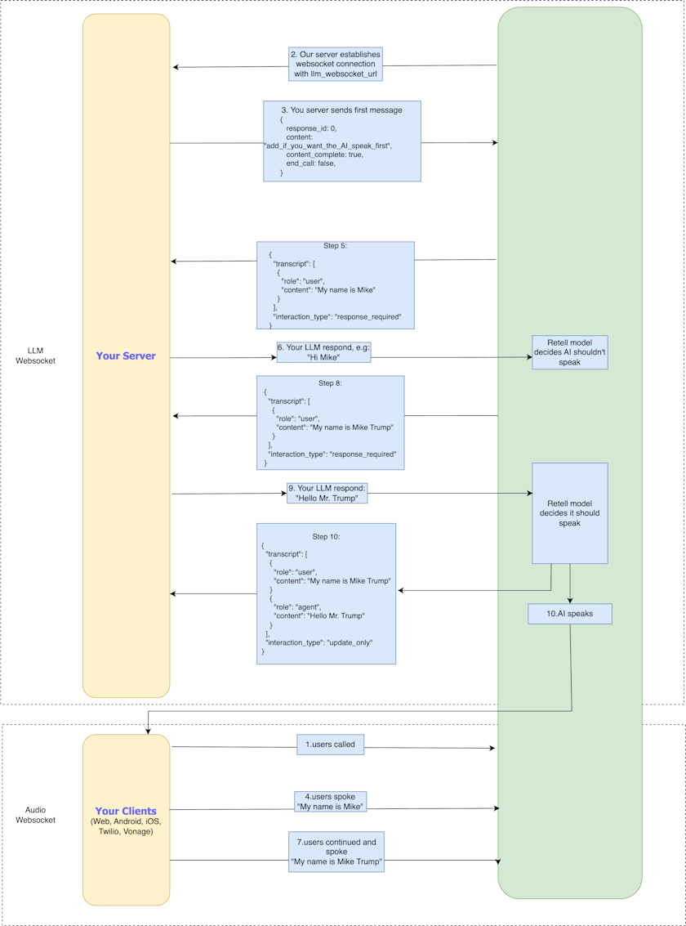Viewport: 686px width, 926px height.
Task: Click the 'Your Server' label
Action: coord(126,356)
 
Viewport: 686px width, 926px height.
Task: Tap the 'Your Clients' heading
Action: coord(126,812)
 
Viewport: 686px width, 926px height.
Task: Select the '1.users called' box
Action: coord(330,745)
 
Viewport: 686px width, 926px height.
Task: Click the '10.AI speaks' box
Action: coord(569,614)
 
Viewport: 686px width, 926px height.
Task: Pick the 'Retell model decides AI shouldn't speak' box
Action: coord(569,352)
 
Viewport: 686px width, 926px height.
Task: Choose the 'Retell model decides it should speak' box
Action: coord(569,513)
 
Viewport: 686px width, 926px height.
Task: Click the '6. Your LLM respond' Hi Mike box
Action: coord(323,352)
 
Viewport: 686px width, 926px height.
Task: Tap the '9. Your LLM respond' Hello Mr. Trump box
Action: coord(327,493)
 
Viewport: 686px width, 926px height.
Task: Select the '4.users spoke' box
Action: coord(330,802)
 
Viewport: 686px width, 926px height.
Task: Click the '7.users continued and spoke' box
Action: coord(336,852)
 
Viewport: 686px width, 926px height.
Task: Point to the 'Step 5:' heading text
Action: coord(335,246)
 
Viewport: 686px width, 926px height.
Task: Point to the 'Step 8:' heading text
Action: coord(331,382)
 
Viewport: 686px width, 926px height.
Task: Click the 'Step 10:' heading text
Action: coord(326,537)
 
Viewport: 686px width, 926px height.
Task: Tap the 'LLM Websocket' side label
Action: coord(35,356)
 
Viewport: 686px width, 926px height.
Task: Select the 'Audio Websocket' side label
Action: coord(35,815)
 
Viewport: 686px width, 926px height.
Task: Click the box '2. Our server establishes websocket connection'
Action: coord(335,64)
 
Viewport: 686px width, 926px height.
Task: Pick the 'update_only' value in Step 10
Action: coord(350,642)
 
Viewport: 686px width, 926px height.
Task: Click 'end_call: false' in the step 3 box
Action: coord(310,163)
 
